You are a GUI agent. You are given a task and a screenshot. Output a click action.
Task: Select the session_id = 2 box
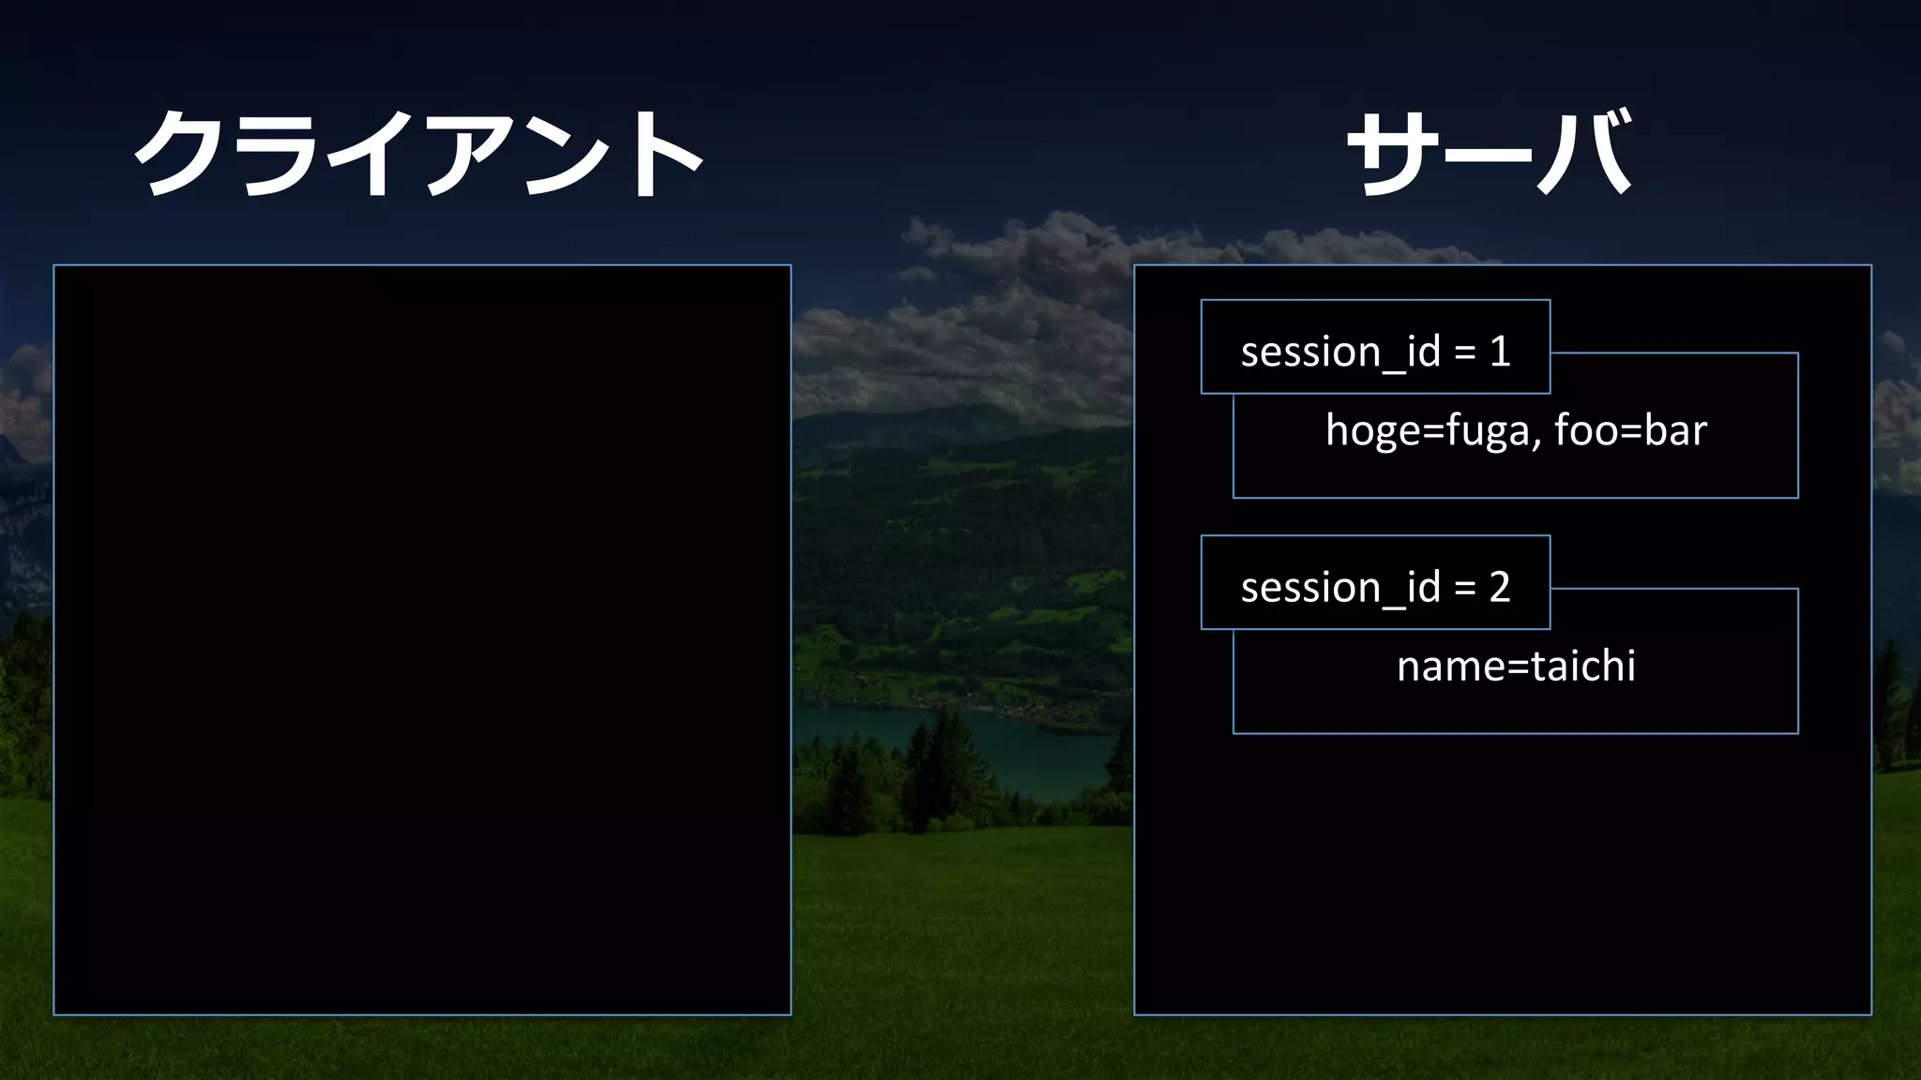coord(1375,583)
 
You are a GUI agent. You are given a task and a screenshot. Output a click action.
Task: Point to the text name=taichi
coord(1516,666)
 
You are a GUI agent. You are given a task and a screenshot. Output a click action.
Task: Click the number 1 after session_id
coord(1500,352)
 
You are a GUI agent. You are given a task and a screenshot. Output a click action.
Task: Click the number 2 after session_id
coord(1500,587)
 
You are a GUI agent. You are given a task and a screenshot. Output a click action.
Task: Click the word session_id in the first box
coord(1340,352)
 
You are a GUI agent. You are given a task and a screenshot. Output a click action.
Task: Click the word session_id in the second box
coord(1340,588)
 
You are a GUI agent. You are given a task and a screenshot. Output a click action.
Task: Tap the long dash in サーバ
coord(1490,155)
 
